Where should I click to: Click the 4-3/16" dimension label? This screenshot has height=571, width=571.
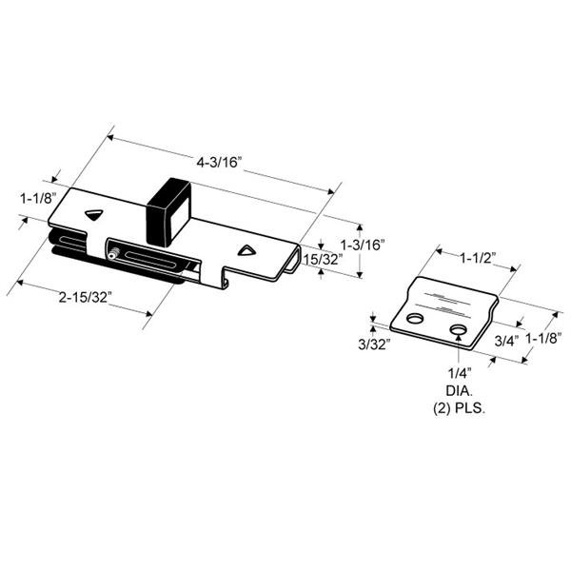[x=220, y=163]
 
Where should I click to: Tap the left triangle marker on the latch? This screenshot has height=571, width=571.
[x=93, y=215]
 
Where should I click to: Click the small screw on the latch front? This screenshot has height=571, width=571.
[x=113, y=254]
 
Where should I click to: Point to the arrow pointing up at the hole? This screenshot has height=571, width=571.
[x=459, y=354]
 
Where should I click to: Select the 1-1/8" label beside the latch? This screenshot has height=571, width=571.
[x=35, y=200]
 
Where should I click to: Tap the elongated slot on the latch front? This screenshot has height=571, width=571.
[x=152, y=260]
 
